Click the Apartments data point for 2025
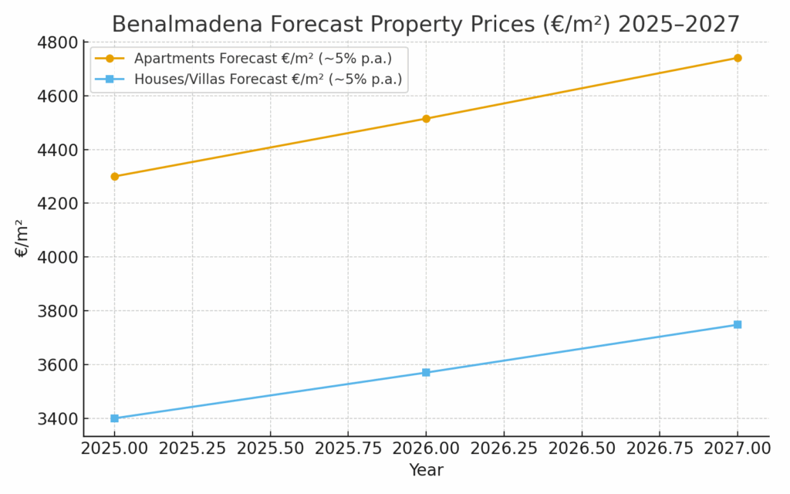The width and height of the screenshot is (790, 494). coord(115,176)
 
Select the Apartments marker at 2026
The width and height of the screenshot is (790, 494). coord(426,119)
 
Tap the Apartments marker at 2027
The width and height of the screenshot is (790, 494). coord(738,58)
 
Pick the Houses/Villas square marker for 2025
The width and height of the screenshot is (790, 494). coord(115,418)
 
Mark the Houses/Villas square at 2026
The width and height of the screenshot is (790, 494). coord(426,373)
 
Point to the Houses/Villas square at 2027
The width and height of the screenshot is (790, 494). coord(738,324)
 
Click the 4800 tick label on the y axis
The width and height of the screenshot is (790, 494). coord(57,42)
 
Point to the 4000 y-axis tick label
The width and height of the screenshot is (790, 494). coord(57,257)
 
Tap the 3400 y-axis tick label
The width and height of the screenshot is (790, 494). coord(57,418)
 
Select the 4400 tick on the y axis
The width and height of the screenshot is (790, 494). coord(57,150)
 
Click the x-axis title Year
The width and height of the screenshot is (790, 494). coord(426,470)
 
